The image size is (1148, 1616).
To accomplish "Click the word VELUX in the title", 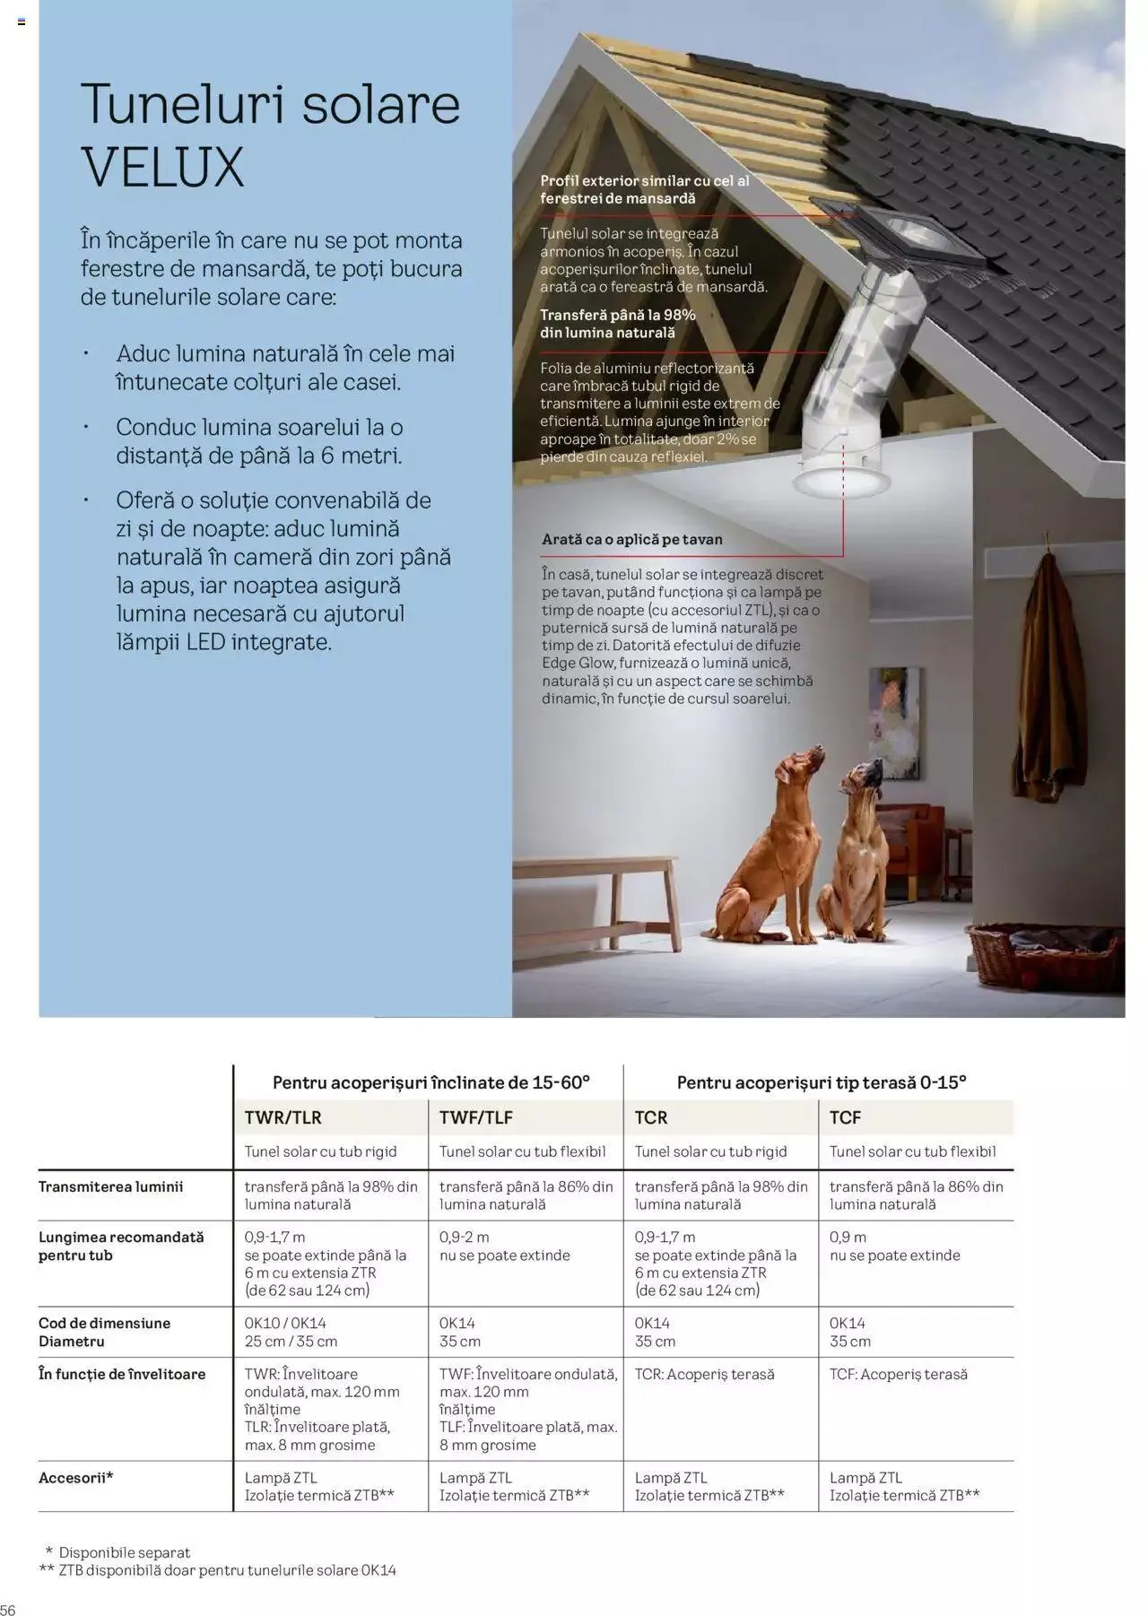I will point(162,167).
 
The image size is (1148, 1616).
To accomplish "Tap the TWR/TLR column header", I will point(283,1117).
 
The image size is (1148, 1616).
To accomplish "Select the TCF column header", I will point(845,1117).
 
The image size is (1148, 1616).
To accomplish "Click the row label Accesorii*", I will point(76,1477).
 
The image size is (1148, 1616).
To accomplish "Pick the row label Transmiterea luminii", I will point(110,1186).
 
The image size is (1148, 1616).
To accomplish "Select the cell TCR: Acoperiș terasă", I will point(704,1374).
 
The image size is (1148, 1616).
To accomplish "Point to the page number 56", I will point(8,1610).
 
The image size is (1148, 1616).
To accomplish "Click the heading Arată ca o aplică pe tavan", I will point(631,540).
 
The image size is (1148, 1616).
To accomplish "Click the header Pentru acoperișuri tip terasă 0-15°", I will point(821,1082).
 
